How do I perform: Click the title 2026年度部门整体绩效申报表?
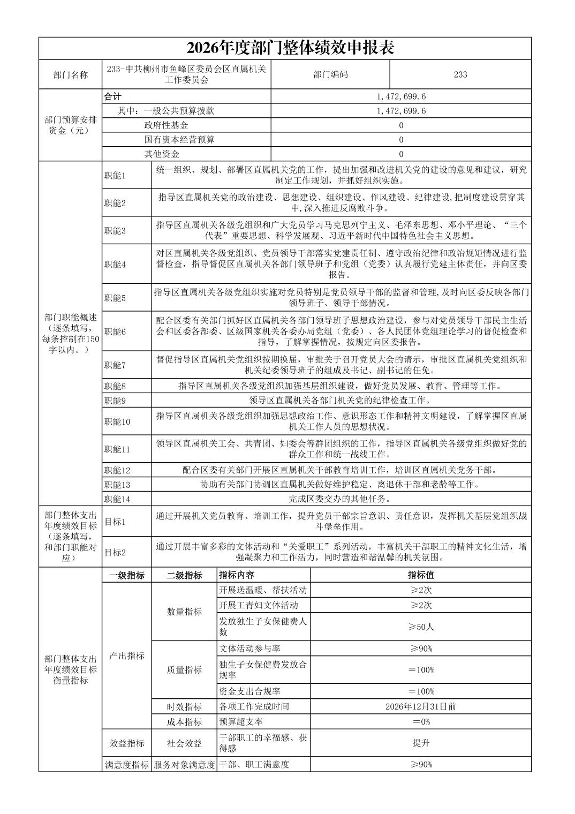[290, 48]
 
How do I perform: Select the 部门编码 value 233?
[460, 74]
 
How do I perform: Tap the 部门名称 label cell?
[70, 75]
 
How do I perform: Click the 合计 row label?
[112, 96]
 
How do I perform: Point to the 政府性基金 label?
[166, 125]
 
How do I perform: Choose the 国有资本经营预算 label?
[179, 140]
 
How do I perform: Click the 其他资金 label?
[161, 154]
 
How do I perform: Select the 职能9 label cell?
[115, 401]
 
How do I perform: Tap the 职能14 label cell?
[117, 499]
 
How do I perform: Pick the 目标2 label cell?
[115, 552]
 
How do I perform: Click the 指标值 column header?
[421, 575]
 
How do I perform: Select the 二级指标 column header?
[184, 576]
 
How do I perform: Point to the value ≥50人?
[421, 627]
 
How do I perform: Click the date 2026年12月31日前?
[421, 706]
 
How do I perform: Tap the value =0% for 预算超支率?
[421, 721]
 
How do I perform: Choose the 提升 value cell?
[421, 743]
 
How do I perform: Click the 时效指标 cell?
[184, 707]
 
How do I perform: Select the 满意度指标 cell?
[126, 765]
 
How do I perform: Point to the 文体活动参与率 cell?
[249, 649]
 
